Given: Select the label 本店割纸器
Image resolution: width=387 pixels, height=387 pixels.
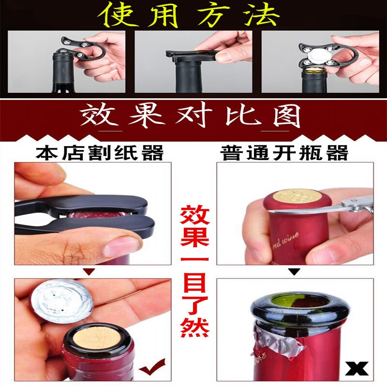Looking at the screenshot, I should [x=100, y=153].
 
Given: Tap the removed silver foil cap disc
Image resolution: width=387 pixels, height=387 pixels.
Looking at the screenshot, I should [x=61, y=302].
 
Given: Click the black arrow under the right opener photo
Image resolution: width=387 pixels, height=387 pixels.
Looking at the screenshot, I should [x=293, y=272].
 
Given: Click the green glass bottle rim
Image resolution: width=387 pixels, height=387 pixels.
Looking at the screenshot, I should [x=290, y=310].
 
